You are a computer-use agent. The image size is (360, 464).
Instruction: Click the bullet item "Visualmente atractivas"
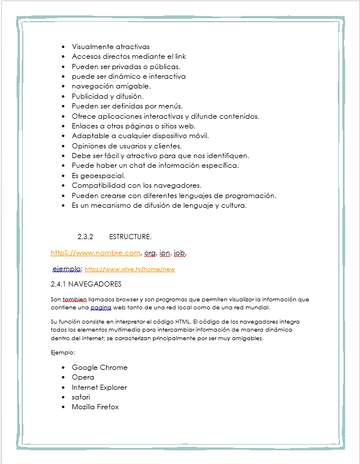(111, 46)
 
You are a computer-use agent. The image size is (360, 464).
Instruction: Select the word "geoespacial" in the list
(106, 175)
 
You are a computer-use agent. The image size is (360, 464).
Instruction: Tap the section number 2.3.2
(85, 236)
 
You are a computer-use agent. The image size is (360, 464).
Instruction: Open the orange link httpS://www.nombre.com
(95, 252)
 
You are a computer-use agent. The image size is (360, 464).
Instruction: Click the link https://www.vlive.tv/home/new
(130, 269)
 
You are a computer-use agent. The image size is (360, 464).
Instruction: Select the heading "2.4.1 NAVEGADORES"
(86, 284)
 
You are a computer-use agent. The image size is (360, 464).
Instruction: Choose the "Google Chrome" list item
(99, 367)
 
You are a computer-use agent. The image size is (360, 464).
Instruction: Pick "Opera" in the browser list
(83, 377)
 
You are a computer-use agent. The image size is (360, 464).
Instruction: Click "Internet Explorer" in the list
(99, 387)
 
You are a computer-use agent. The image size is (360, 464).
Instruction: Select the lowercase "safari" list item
(81, 397)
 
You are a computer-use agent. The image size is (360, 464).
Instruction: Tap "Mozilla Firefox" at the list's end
(95, 407)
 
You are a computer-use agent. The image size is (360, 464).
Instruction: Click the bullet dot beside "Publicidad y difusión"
(63, 96)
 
